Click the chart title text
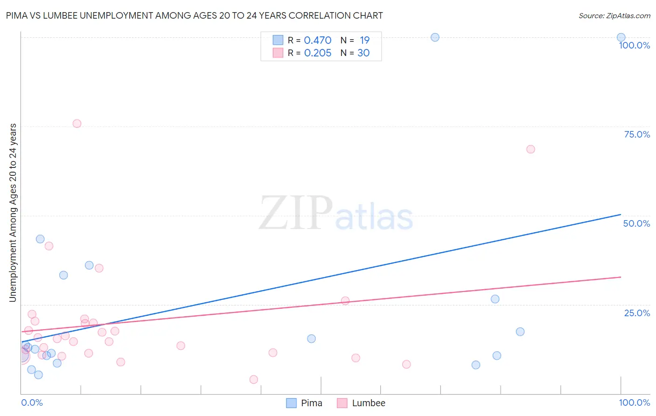(x=195, y=16)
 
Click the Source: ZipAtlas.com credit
(x=614, y=16)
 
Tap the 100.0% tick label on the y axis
(x=634, y=45)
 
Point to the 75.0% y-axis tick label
(x=637, y=134)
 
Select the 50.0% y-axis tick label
(x=636, y=223)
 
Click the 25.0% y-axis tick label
(x=637, y=313)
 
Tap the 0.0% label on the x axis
(x=32, y=402)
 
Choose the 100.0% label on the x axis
(x=634, y=402)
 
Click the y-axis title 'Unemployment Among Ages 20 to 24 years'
(x=13, y=213)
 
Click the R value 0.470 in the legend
(x=317, y=41)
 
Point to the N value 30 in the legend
(x=363, y=53)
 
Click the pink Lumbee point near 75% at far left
(x=77, y=124)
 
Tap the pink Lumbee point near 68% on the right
(x=530, y=149)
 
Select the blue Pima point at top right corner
(x=621, y=37)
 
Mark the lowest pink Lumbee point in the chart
(x=254, y=380)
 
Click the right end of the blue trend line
(x=621, y=215)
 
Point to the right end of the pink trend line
(x=621, y=277)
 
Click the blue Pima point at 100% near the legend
(x=435, y=37)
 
